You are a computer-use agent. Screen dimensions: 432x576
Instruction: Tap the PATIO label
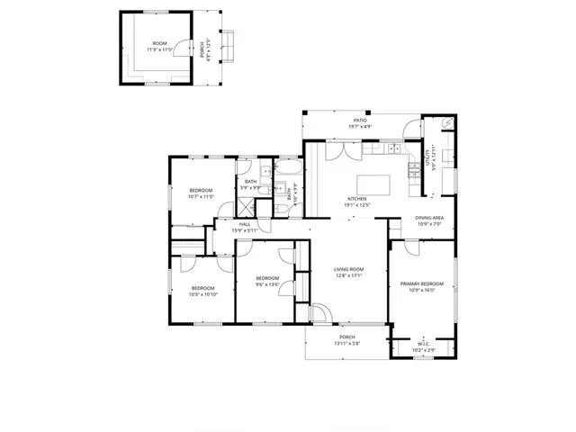359,120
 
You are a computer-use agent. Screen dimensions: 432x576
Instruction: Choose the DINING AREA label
428,218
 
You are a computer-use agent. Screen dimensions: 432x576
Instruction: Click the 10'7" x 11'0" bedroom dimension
201,196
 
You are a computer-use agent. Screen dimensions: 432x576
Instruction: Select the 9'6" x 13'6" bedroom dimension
266,284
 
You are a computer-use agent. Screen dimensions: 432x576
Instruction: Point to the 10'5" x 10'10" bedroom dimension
202,294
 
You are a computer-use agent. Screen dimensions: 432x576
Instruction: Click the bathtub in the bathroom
289,172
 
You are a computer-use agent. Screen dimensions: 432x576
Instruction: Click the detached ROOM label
159,43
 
